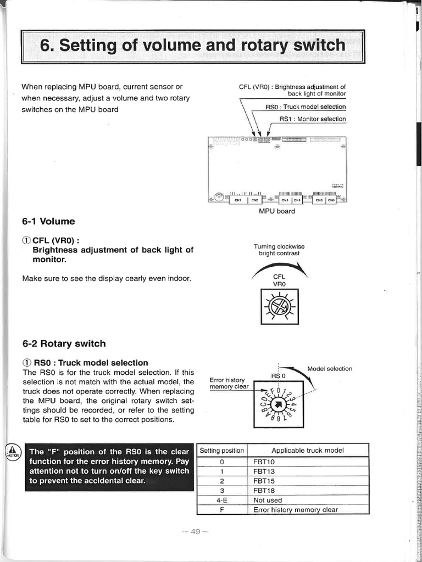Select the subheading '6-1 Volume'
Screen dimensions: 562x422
pyautogui.click(x=48, y=222)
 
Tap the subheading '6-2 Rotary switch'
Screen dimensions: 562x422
pyautogui.click(x=64, y=344)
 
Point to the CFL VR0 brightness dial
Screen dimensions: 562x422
pyautogui.click(x=280, y=307)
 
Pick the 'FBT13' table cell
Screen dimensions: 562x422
pyautogui.click(x=264, y=471)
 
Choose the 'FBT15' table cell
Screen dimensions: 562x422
pyautogui.click(x=264, y=481)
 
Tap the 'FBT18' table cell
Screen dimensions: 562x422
pyautogui.click(x=264, y=491)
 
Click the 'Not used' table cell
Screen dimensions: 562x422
pyautogui.click(x=268, y=500)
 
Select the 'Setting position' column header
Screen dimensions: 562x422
pyautogui.click(x=222, y=451)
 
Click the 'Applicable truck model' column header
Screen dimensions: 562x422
pyautogui.click(x=308, y=451)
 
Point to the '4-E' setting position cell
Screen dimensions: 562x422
pyautogui.click(x=222, y=500)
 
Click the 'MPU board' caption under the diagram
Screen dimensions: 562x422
pyautogui.click(x=277, y=211)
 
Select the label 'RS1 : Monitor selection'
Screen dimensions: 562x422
pyautogui.click(x=313, y=119)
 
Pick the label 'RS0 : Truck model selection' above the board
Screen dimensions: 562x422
pyautogui.click(x=306, y=107)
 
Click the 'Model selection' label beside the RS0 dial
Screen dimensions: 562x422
pyautogui.click(x=330, y=369)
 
